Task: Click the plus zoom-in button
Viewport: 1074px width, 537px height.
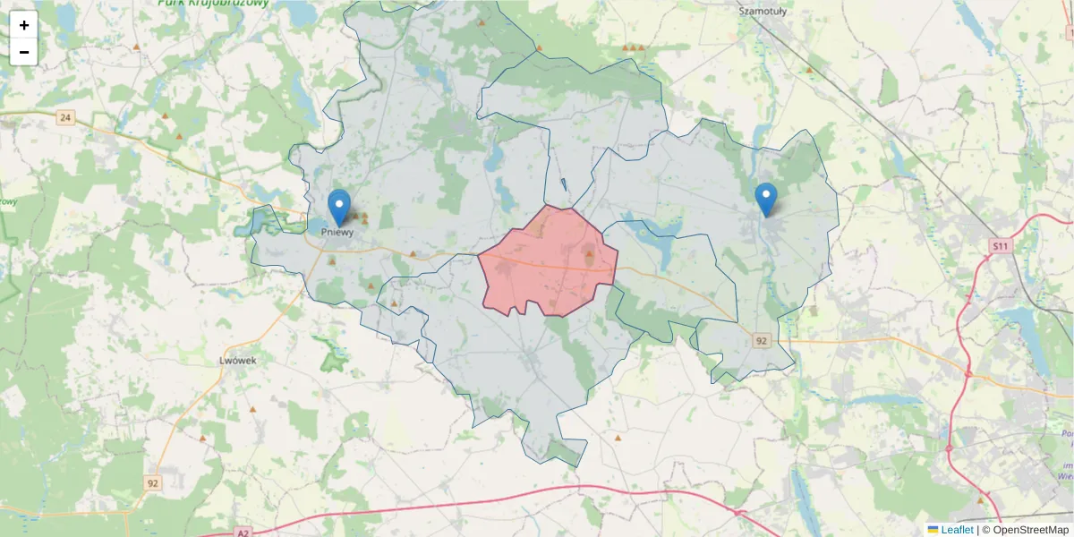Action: [x=24, y=25]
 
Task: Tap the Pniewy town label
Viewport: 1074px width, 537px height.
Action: [x=337, y=232]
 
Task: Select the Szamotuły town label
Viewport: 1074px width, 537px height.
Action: [x=761, y=11]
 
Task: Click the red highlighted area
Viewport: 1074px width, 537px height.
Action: [x=548, y=261]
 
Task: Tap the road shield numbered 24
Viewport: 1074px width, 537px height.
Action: [x=65, y=117]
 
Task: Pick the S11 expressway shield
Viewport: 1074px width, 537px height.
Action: [x=1002, y=244]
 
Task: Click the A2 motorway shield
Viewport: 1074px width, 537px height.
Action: [x=243, y=533]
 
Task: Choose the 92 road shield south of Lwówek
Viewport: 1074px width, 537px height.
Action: [x=153, y=483]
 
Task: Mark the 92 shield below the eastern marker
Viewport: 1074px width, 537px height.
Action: [x=762, y=341]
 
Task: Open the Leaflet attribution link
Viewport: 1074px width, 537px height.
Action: [x=957, y=530]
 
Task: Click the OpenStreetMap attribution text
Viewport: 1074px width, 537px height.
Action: [x=1030, y=530]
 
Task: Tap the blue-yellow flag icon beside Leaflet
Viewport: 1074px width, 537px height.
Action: [x=933, y=530]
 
